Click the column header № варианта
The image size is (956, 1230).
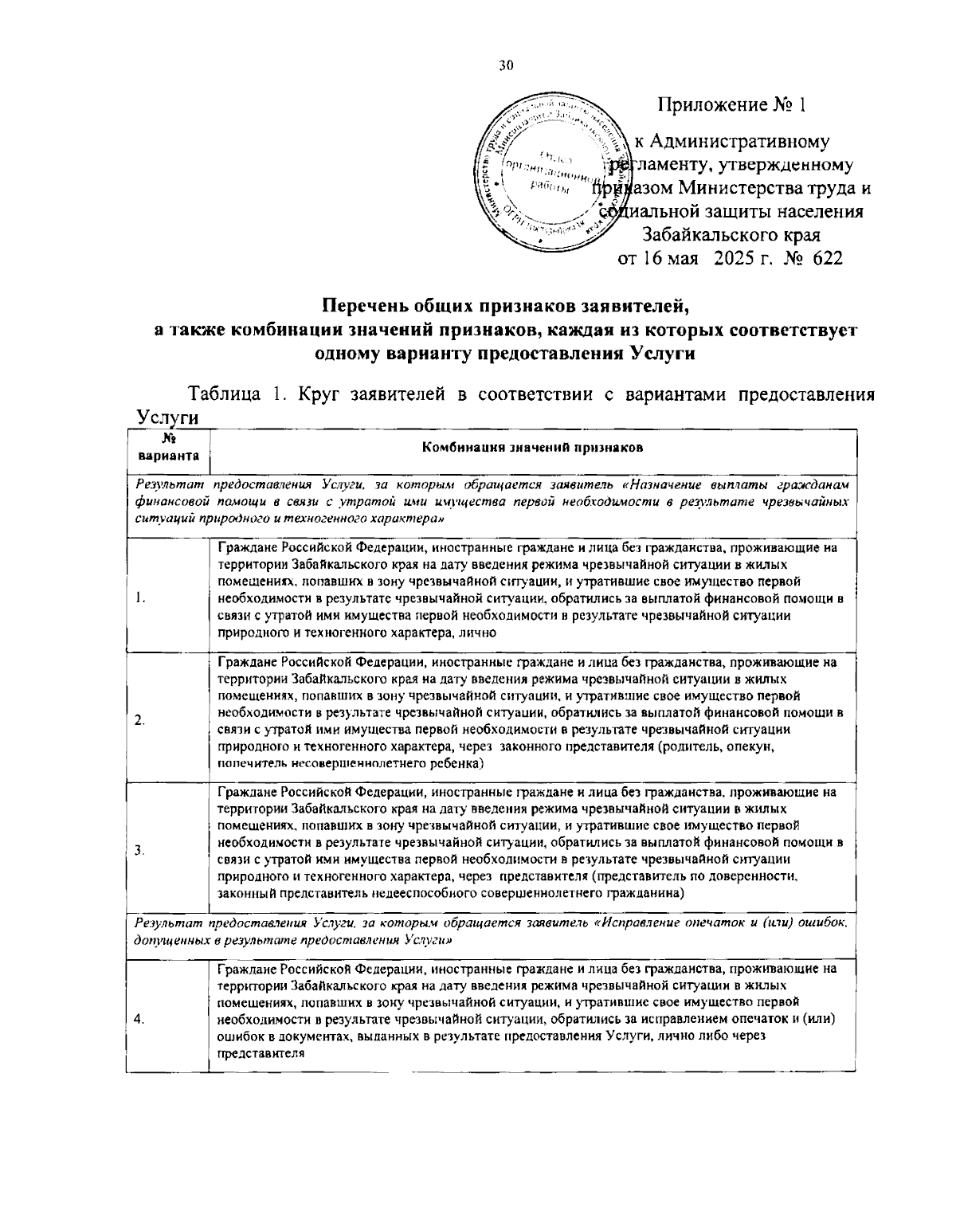click(x=168, y=449)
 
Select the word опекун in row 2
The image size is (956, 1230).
click(x=753, y=747)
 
